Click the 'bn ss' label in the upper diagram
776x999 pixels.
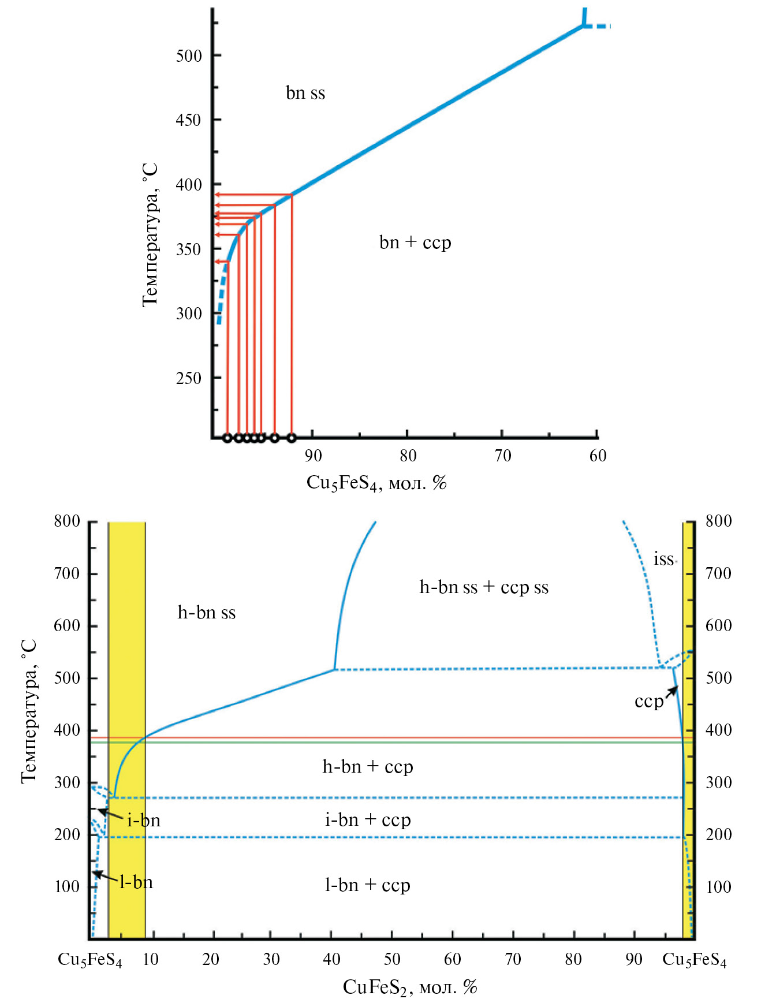click(305, 93)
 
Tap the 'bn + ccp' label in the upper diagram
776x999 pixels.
click(415, 242)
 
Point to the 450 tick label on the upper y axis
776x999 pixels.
click(188, 120)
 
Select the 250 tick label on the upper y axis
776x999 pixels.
click(188, 378)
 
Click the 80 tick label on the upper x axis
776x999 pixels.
click(408, 456)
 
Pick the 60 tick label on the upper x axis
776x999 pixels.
click(598, 456)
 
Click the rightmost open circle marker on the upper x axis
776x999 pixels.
click(292, 438)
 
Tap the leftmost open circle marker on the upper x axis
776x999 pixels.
click(227, 438)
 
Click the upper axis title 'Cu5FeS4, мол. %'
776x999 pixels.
click(376, 483)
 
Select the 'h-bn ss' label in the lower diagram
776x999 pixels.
click(206, 613)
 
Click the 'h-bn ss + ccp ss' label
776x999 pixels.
click(484, 587)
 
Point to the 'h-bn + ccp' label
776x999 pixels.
click(368, 767)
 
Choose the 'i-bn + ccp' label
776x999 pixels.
click(368, 820)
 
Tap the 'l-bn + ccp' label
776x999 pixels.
click(368, 885)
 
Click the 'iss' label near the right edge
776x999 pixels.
click(663, 559)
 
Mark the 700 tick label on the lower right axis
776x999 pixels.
click(718, 573)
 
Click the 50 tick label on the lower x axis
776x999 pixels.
click(392, 959)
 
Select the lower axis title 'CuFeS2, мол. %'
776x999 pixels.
click(410, 987)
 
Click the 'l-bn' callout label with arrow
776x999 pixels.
click(136, 882)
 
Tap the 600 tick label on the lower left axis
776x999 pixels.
click(67, 625)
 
